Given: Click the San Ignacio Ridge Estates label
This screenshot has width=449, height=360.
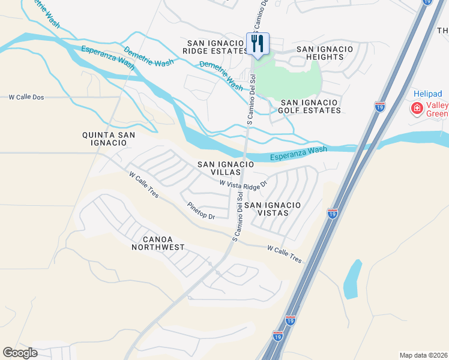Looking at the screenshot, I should [217, 47].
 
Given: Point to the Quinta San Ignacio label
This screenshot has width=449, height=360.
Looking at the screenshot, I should [109, 139].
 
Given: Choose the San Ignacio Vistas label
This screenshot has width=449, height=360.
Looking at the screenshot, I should [273, 209].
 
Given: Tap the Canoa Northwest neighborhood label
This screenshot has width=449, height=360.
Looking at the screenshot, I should [158, 243].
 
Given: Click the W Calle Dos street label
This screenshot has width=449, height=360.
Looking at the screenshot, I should [26, 97].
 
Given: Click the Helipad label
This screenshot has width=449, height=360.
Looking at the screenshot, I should [428, 94].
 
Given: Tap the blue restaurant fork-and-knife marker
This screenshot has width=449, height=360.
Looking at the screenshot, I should [258, 44].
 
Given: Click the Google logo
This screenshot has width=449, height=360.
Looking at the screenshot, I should [20, 353].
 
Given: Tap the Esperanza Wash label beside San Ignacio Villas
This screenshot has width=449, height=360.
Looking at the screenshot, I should [298, 154].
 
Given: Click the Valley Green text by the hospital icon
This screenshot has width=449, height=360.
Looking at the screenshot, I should [437, 110].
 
